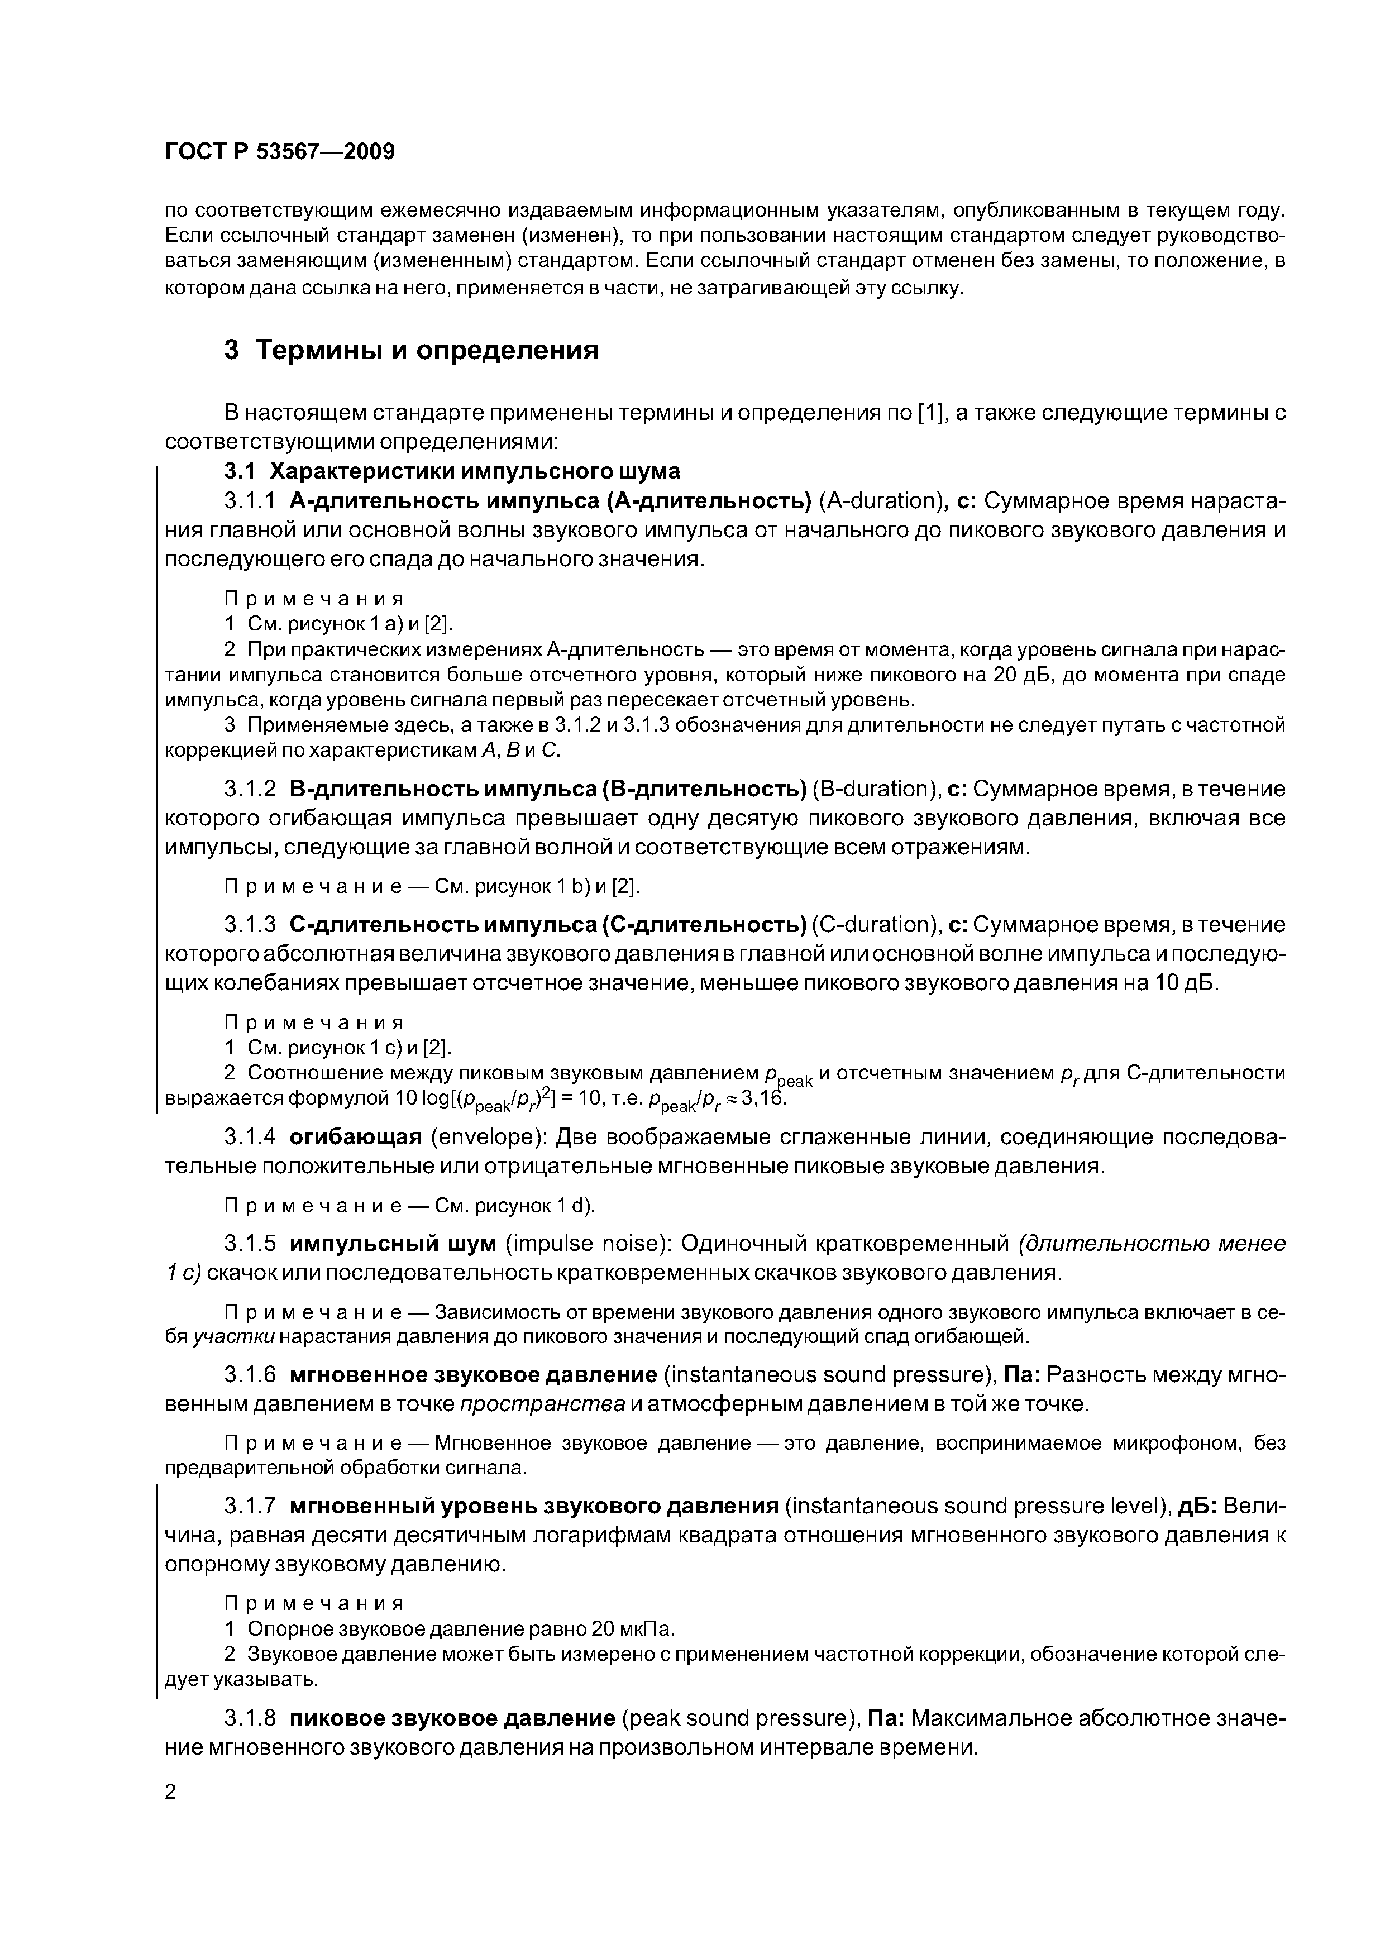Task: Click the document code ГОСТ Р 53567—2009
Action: (279, 152)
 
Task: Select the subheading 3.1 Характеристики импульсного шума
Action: (451, 471)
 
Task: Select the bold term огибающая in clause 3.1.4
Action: (356, 1138)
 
